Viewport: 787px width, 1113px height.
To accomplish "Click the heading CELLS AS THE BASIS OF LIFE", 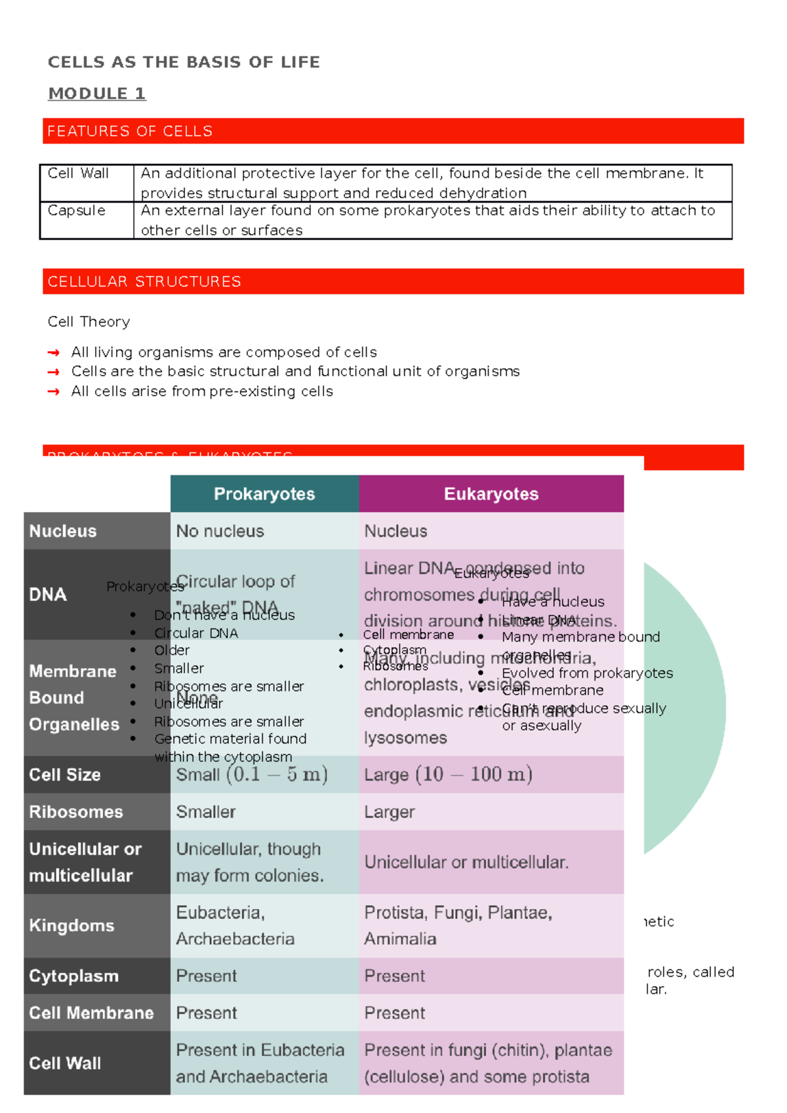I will [184, 62].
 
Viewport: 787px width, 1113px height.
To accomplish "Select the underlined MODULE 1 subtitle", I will [97, 94].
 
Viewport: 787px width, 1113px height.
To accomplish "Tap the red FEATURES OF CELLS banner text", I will [130, 131].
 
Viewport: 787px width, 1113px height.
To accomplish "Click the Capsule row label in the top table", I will [77, 210].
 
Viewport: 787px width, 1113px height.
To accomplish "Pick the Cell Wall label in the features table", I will [78, 174].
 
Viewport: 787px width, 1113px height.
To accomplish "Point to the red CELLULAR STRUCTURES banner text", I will [144, 282].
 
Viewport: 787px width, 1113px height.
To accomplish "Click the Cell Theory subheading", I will [89, 322].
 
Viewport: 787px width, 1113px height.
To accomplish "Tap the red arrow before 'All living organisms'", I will [54, 353].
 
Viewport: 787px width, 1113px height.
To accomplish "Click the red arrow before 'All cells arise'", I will [54, 392].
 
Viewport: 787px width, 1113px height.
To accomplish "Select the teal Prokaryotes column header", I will [264, 494].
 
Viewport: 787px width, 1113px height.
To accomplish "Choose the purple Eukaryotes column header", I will [491, 494].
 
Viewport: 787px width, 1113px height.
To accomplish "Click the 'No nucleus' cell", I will [220, 531].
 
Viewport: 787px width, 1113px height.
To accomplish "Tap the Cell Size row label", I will [65, 775].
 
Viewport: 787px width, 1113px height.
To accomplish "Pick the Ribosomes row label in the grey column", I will [76, 812].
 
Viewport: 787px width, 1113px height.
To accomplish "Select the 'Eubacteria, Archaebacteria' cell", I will [235, 926].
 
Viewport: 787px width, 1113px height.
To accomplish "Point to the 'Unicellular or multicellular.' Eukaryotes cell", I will [466, 862].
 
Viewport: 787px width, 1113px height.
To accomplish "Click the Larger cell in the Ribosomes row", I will [390, 812].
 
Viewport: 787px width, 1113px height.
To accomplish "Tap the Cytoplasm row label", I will [74, 976].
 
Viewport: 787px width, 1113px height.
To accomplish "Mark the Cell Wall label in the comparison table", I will [65, 1063].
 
